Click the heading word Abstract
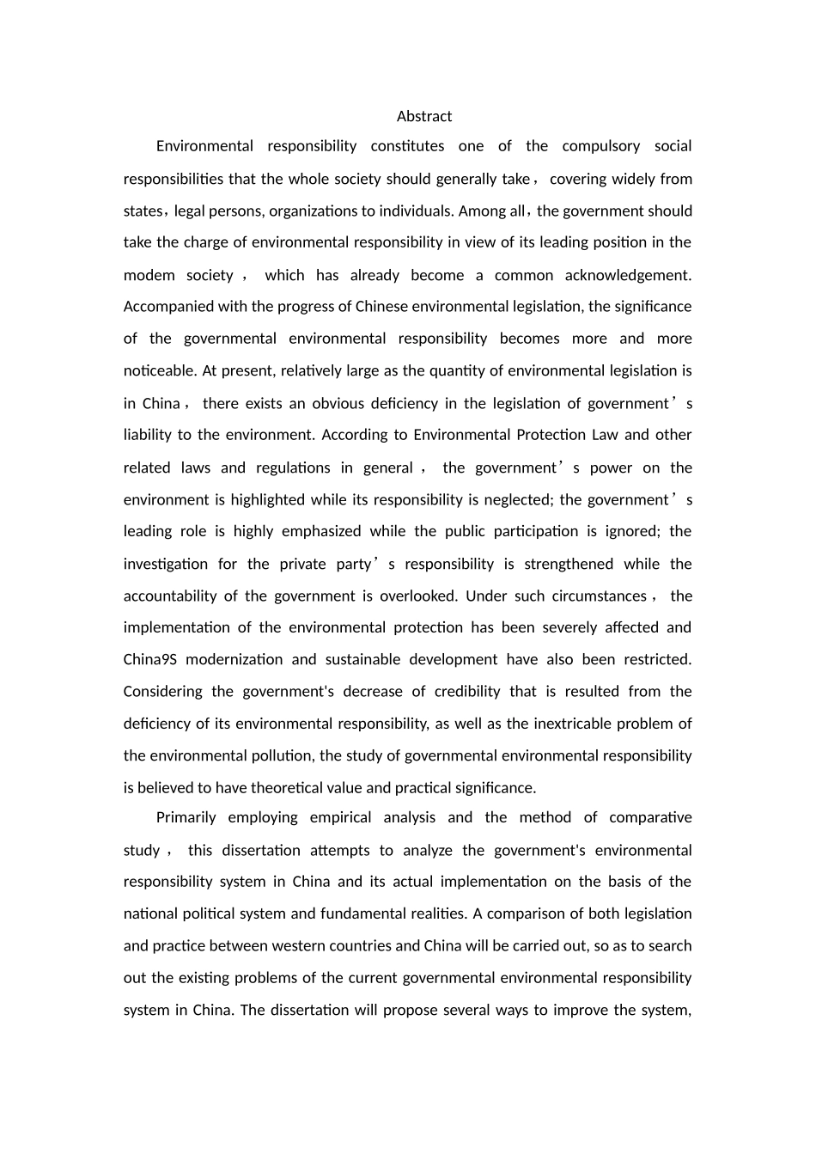(x=424, y=116)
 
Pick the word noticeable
(x=160, y=371)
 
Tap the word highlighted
(x=267, y=500)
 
